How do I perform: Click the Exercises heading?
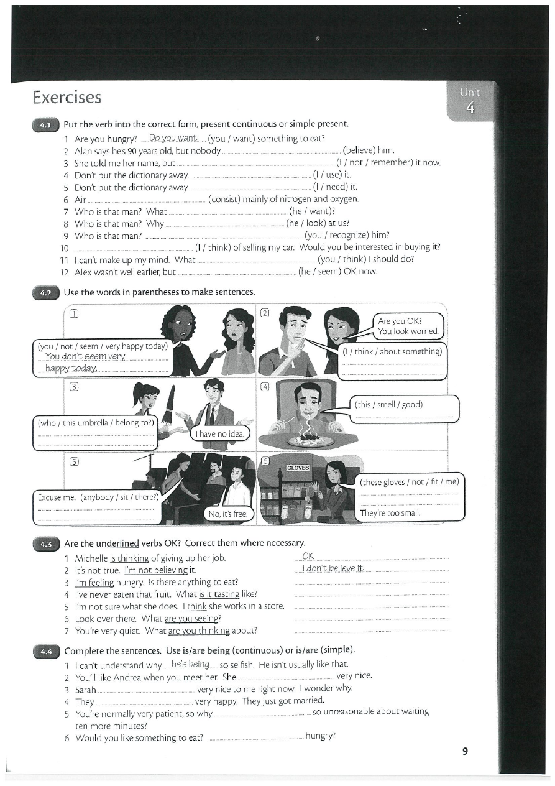(67, 98)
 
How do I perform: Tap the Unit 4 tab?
(470, 101)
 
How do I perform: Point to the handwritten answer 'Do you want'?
(173, 138)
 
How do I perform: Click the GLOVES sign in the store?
(298, 467)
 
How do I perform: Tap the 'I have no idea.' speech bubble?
(220, 433)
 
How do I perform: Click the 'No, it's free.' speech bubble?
(228, 514)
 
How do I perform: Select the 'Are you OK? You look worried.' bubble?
(408, 326)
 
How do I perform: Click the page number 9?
(465, 751)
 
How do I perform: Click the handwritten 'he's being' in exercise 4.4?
(190, 665)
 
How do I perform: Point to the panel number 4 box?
(265, 386)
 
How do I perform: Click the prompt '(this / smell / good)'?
(388, 405)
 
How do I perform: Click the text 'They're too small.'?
(390, 513)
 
